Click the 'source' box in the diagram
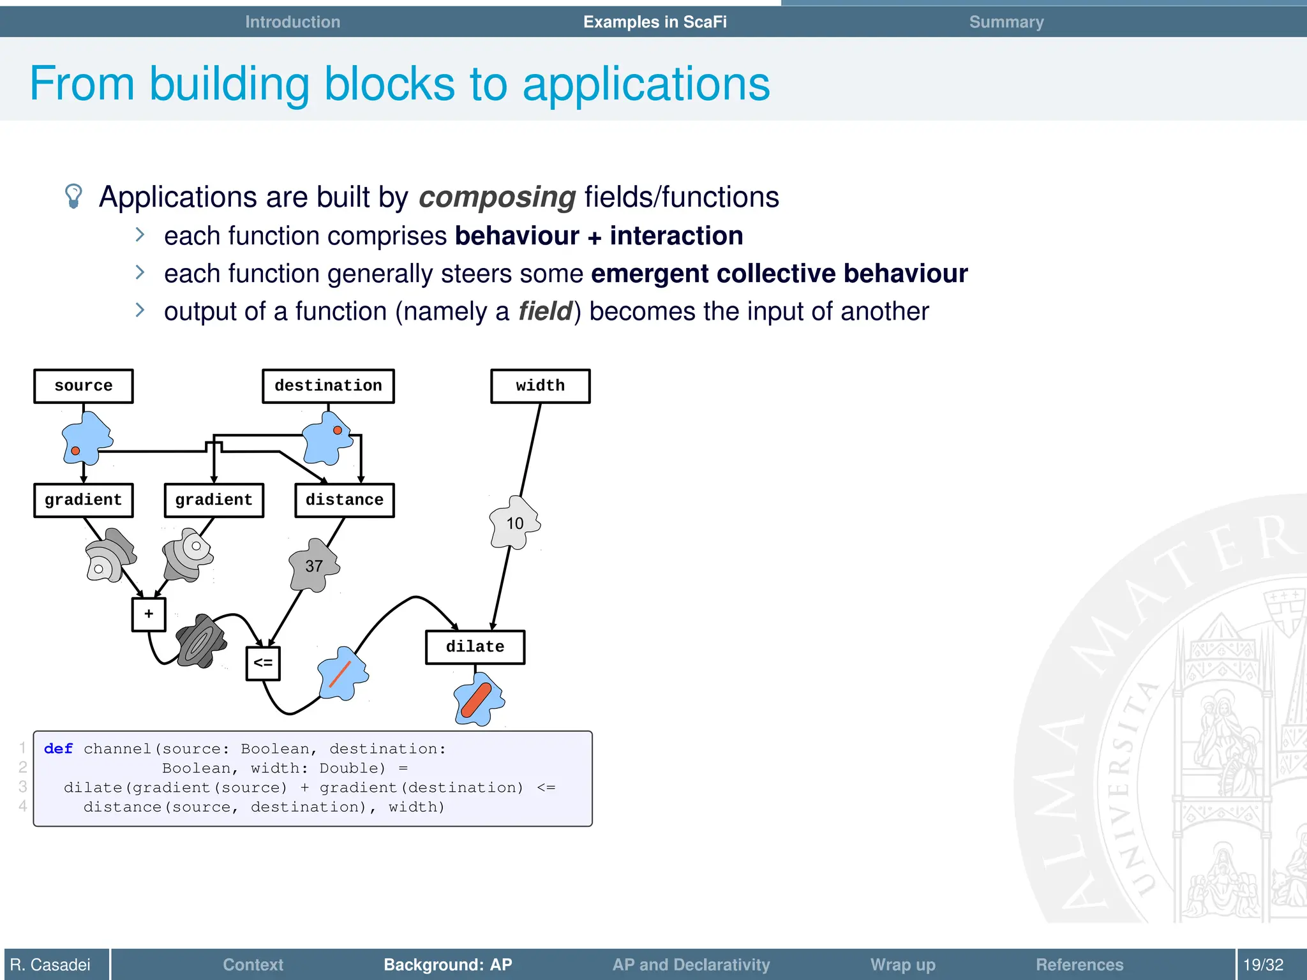[84, 386]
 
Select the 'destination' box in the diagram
[328, 386]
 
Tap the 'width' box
[540, 386]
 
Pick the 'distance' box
[344, 500]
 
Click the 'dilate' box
[475, 647]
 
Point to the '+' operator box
[149, 614]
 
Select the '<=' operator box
[263, 664]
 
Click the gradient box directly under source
[84, 500]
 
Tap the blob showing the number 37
[313, 566]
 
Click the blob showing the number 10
[514, 524]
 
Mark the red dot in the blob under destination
[338, 430]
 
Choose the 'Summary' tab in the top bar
[1006, 22]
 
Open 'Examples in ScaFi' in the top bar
[655, 22]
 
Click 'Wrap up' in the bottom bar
[902, 965]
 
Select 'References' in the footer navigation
[1079, 965]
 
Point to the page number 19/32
[1263, 965]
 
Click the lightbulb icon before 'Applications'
[74, 196]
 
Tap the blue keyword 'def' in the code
[58, 749]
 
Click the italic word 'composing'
[497, 197]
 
